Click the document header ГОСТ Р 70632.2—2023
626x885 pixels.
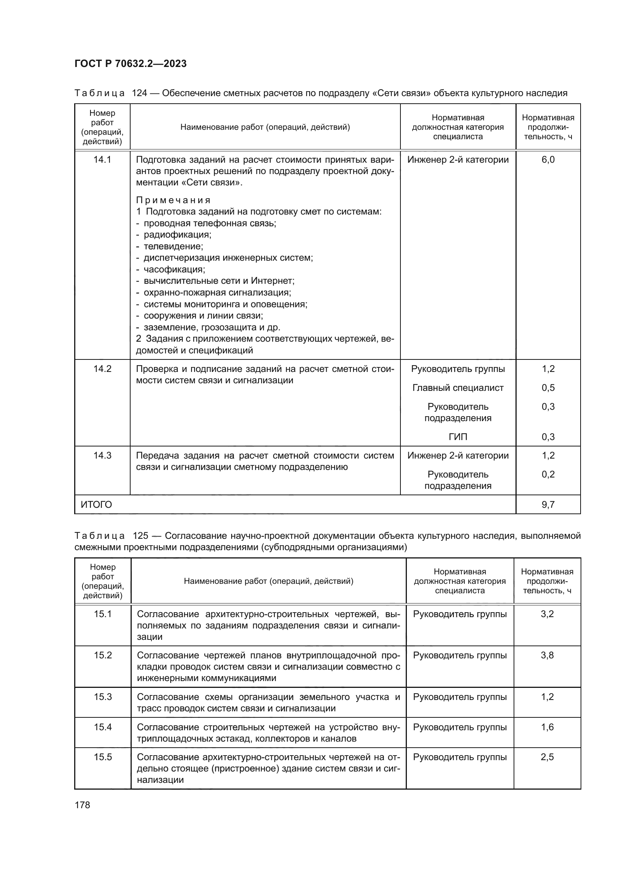point(131,64)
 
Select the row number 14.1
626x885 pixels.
point(102,160)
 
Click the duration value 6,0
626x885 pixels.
point(548,160)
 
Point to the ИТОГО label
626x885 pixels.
point(97,505)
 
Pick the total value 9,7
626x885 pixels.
point(548,505)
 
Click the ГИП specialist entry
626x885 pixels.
point(458,437)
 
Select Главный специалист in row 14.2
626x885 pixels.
point(458,388)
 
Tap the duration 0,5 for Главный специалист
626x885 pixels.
point(548,388)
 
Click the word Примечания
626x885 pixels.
point(173,201)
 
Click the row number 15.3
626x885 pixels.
point(103,697)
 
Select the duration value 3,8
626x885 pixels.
point(547,655)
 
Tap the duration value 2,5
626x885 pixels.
point(547,757)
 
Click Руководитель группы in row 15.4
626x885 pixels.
point(459,727)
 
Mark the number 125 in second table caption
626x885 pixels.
point(140,536)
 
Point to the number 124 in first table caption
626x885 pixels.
point(140,93)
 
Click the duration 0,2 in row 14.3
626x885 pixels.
point(548,474)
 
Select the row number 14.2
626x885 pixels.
point(102,369)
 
